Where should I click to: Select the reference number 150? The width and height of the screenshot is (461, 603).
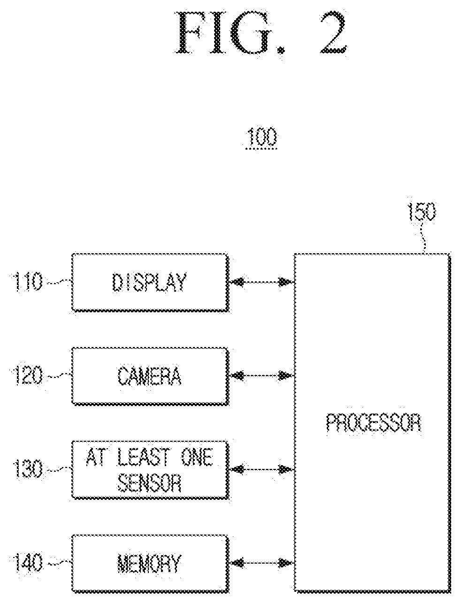(422, 212)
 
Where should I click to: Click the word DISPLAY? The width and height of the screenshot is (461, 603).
(149, 282)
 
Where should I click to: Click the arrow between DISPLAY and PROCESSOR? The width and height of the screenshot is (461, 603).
(261, 282)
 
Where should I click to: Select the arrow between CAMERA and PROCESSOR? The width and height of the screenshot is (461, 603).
(261, 376)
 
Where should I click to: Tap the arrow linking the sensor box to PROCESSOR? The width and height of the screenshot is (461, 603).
(261, 469)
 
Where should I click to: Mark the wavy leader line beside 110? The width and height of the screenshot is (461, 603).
(59, 282)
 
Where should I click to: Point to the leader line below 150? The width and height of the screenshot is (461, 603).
(423, 238)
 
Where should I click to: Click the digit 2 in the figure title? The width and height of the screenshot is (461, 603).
(333, 33)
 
